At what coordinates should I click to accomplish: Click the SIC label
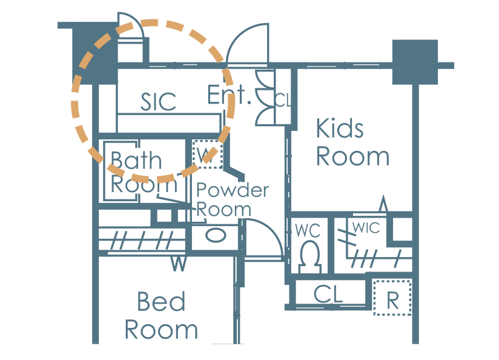tap(158, 102)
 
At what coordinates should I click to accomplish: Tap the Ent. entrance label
tap(229, 95)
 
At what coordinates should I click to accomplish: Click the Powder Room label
tap(233, 200)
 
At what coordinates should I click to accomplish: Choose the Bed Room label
tap(161, 315)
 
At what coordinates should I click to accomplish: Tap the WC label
tap(308, 230)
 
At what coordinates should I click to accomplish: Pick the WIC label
tap(366, 228)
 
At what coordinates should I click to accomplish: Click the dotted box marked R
tap(392, 297)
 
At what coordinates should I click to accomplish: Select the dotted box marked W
tap(208, 154)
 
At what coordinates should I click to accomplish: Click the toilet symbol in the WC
tap(309, 257)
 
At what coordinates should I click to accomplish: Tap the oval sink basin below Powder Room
tap(216, 236)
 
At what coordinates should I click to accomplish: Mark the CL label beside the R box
tap(328, 294)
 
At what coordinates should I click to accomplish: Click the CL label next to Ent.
tap(283, 101)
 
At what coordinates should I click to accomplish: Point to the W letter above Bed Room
tap(179, 264)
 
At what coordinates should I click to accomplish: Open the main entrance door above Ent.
tap(248, 45)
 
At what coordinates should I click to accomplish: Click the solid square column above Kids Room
tap(415, 62)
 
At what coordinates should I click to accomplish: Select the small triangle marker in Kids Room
tap(383, 204)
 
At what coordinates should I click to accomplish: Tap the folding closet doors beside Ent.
tap(265, 98)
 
